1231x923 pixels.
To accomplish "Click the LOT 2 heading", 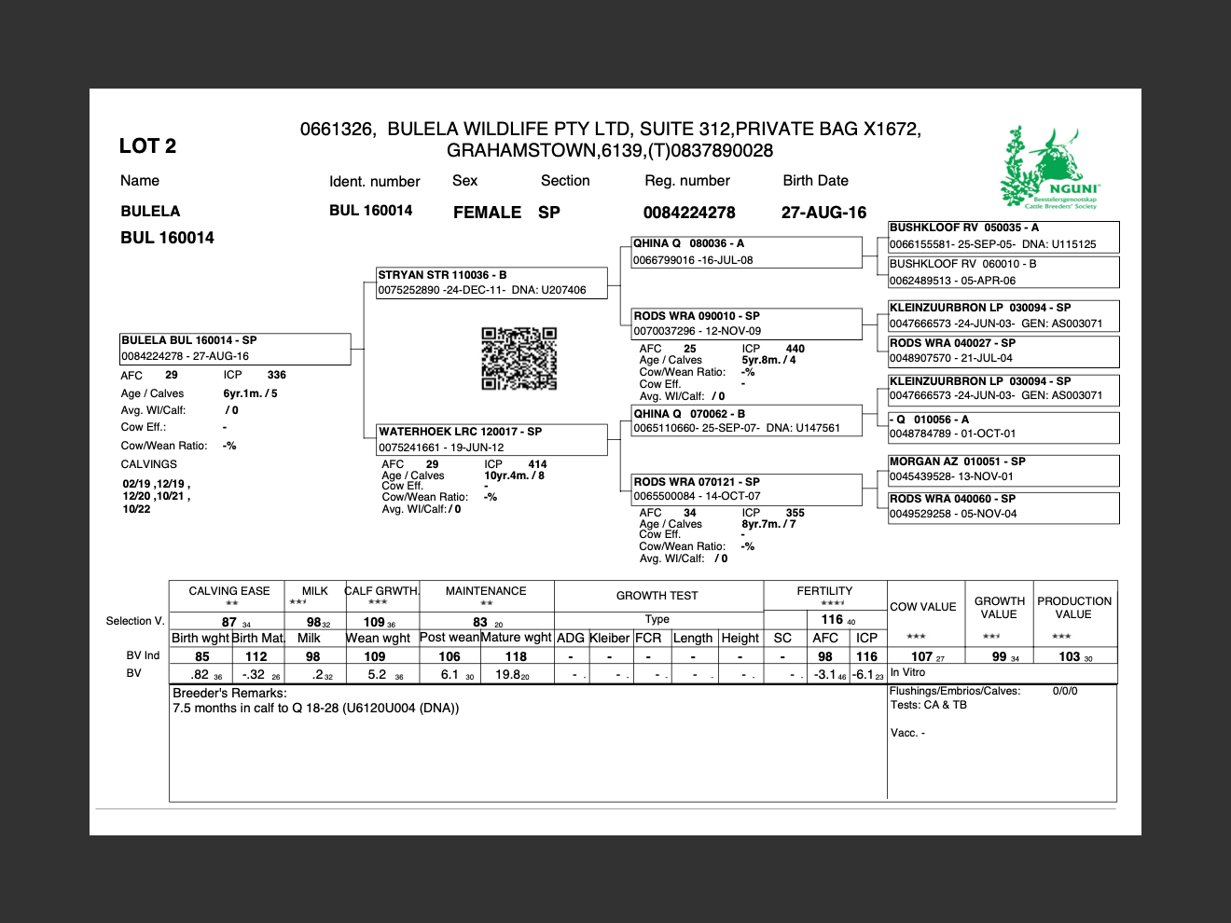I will [x=147, y=145].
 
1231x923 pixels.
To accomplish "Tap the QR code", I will [x=519, y=358].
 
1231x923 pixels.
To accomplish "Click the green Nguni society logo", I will [x=1049, y=169].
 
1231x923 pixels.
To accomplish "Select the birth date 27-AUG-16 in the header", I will [x=823, y=213].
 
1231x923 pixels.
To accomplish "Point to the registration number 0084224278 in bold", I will [x=689, y=213].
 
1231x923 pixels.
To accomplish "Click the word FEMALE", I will [x=487, y=213].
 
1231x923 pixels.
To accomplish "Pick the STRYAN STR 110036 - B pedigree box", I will [x=491, y=282].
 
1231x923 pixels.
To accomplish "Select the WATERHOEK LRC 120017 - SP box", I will [x=491, y=439].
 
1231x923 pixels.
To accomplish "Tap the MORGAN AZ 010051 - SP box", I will [x=1003, y=469].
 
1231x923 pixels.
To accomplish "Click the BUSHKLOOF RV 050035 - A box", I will [x=1003, y=237].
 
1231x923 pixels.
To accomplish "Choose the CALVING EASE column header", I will [x=229, y=591].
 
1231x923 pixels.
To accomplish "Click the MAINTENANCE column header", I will [x=486, y=591].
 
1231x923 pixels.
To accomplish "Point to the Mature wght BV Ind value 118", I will [x=516, y=656].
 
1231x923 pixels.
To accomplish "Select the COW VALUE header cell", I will [x=923, y=607].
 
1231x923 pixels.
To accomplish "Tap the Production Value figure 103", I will [x=1070, y=656].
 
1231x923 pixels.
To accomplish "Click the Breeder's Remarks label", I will [x=229, y=693].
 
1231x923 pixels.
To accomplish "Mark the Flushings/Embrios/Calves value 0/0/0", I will [x=1065, y=691].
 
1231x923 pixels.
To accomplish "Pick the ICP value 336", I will [x=277, y=375].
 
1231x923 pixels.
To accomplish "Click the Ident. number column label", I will [x=374, y=182].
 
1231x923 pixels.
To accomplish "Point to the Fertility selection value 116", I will [x=832, y=619].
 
